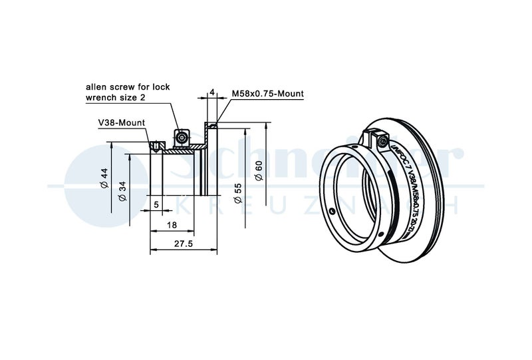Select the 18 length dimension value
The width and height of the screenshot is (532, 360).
(172, 226)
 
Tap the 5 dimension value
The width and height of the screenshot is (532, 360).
(156, 204)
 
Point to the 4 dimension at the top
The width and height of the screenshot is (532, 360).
(211, 92)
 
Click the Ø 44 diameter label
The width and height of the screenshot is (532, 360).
(104, 178)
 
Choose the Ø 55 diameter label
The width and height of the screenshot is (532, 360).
(238, 192)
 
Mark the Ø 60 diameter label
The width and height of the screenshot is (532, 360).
(259, 170)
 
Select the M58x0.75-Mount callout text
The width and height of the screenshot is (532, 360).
(267, 94)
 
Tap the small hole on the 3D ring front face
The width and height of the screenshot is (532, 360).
(332, 212)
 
